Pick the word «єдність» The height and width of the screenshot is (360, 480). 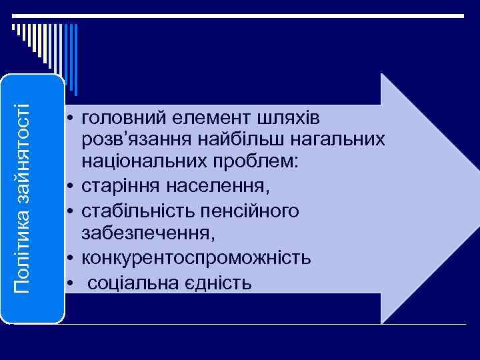pyautogui.click(x=216, y=282)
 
